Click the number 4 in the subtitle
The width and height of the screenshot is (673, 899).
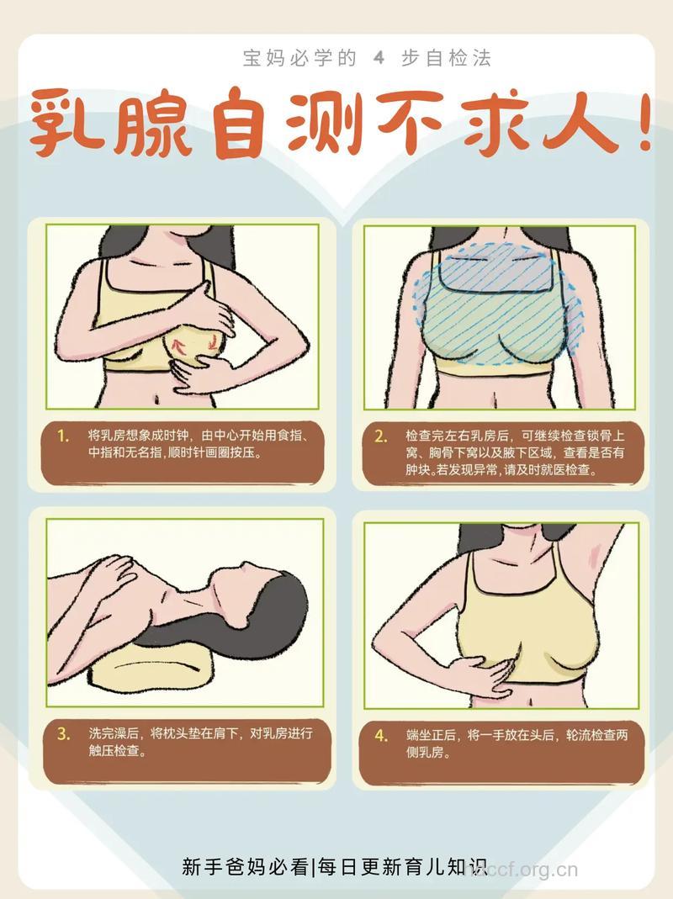pos(379,58)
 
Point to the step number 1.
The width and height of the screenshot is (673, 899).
pos(63,436)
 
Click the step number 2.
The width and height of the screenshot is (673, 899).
pos(381,436)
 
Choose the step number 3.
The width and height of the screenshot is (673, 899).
pos(63,733)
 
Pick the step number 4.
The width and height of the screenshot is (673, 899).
pos(381,735)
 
